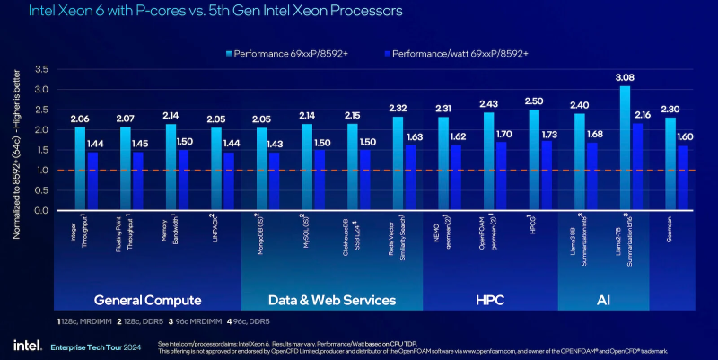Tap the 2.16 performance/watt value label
(x=643, y=116)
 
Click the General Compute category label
(x=148, y=299)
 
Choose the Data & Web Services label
(x=332, y=299)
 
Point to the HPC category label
(x=489, y=299)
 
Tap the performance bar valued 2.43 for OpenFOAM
(x=488, y=162)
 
